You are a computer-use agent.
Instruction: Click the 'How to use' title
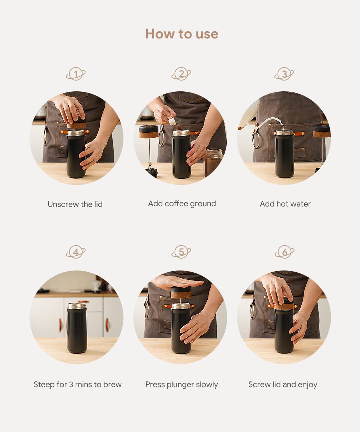182,34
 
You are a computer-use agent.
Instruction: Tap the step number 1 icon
76,74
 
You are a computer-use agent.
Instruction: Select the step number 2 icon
181,74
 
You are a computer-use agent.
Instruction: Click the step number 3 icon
284,74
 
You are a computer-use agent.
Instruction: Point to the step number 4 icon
76,252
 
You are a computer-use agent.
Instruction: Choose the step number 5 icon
181,252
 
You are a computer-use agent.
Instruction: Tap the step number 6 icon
284,252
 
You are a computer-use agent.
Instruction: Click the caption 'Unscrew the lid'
75,204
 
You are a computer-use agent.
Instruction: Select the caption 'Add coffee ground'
182,204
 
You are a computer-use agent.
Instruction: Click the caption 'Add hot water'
285,204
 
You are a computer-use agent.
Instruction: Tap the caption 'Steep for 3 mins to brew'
77,384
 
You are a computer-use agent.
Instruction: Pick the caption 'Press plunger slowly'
181,384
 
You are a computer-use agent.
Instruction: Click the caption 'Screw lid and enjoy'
283,384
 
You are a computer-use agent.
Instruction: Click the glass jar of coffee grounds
213,162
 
